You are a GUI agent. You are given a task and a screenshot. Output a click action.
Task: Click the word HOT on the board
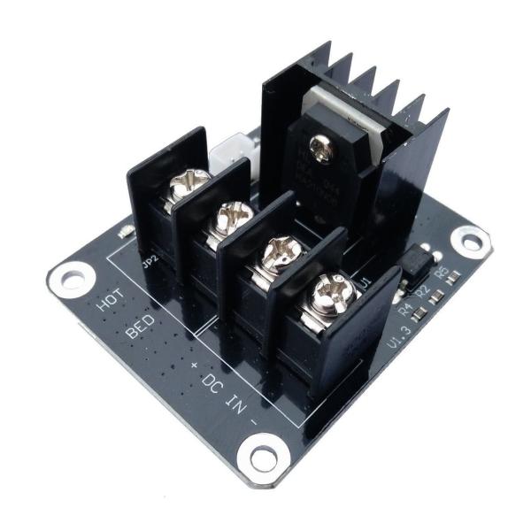[x=109, y=301]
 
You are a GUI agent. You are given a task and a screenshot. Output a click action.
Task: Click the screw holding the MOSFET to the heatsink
[x=321, y=149]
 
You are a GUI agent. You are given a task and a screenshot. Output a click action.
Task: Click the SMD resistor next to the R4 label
[x=423, y=311]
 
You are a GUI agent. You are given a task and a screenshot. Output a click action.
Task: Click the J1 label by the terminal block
[x=366, y=282]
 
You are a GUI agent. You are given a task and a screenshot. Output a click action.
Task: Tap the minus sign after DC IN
[x=255, y=419]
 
